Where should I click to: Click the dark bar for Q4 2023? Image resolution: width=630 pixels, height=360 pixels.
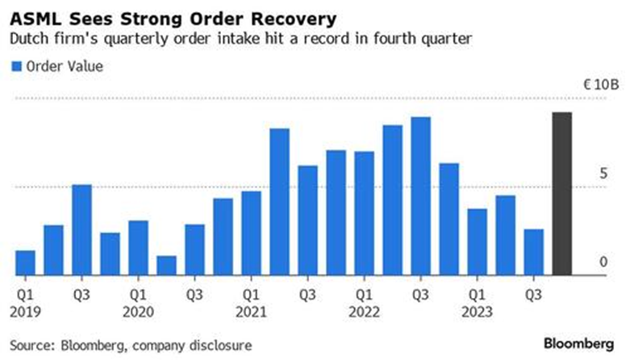click(x=561, y=194)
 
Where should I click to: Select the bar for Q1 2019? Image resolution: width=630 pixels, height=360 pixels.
click(x=26, y=262)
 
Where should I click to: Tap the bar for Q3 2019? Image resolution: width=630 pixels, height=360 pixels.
click(x=82, y=230)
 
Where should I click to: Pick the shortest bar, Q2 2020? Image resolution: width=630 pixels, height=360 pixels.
click(x=167, y=266)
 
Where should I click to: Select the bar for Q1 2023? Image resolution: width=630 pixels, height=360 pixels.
click(x=478, y=241)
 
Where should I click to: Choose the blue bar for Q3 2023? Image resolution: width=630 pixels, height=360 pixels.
click(x=533, y=252)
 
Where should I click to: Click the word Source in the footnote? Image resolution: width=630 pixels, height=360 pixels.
click(x=32, y=344)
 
